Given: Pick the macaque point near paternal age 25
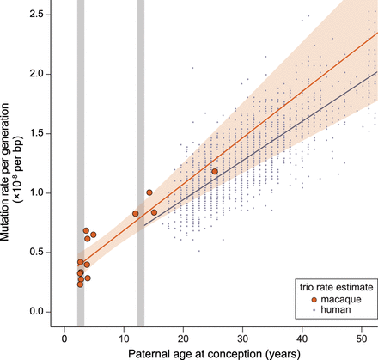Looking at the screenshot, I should click(x=215, y=172).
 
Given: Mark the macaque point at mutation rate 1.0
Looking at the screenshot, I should click(x=149, y=192).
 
